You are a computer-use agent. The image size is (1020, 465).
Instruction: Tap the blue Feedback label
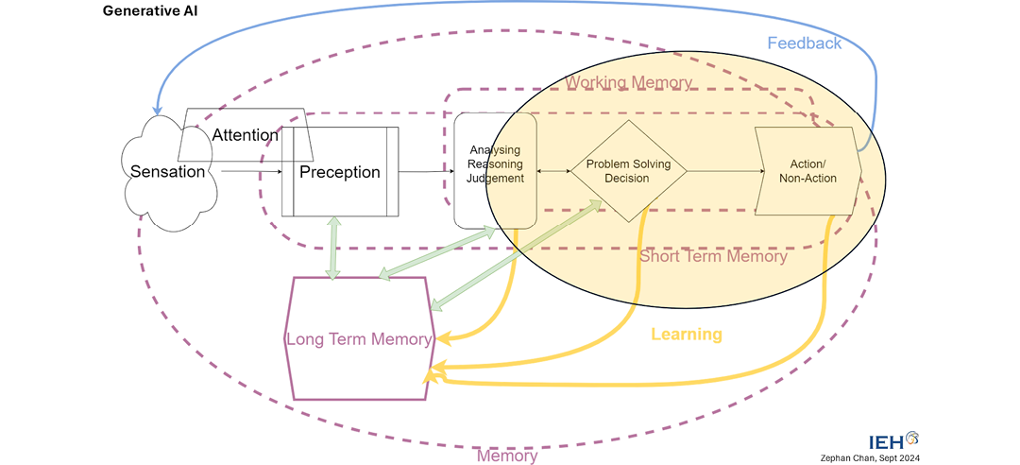pyautogui.click(x=804, y=43)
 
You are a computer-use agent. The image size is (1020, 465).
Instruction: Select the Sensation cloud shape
pyautogui.click(x=166, y=173)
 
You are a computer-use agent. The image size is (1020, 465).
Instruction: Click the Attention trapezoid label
pyautogui.click(x=245, y=135)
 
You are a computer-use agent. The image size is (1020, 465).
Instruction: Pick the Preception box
pyautogui.click(x=340, y=172)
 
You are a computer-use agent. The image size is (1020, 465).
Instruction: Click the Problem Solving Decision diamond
pyautogui.click(x=628, y=171)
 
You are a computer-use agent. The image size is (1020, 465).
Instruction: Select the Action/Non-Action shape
pyautogui.click(x=807, y=171)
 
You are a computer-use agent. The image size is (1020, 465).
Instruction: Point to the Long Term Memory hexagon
pyautogui.click(x=360, y=339)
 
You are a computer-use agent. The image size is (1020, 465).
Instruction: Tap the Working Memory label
pyautogui.click(x=628, y=83)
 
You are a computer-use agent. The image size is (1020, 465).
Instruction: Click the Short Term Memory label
pyautogui.click(x=713, y=256)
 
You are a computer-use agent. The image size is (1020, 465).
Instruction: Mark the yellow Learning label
pyautogui.click(x=687, y=335)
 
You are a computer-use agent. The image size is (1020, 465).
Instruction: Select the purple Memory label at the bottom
pyautogui.click(x=507, y=456)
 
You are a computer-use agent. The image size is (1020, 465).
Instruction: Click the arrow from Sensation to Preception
pyautogui.click(x=250, y=172)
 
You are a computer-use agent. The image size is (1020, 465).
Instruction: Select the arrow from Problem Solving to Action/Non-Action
pyautogui.click(x=722, y=171)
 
